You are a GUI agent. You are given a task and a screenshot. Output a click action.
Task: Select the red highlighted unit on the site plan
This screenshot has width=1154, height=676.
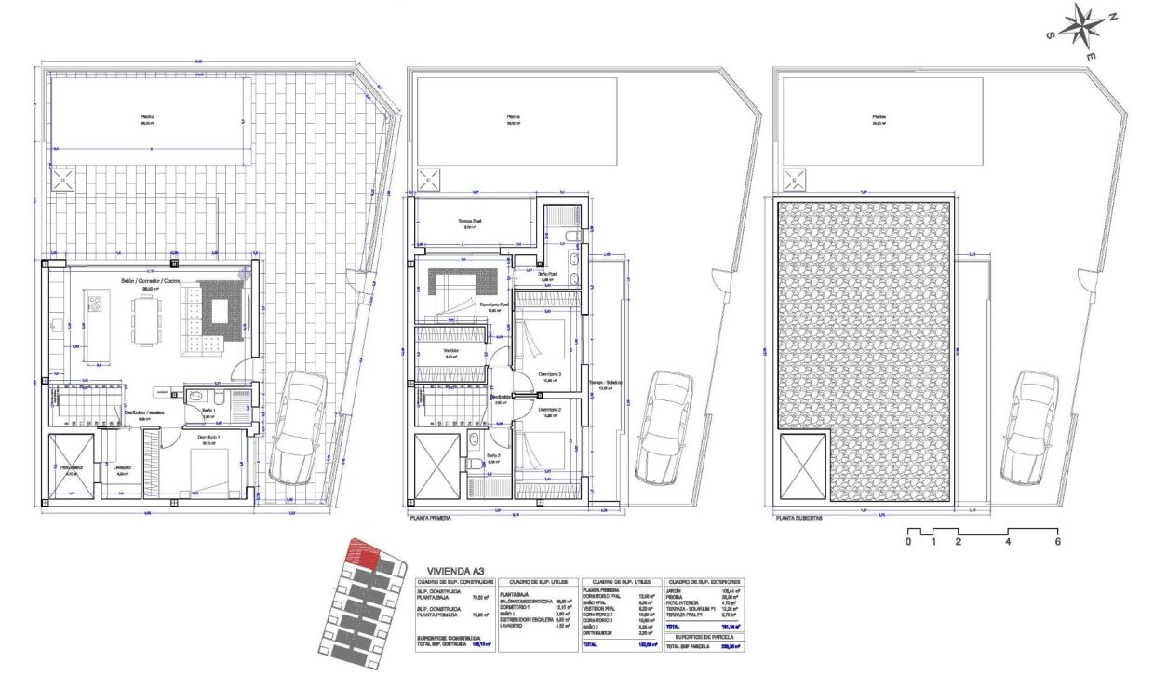point(363,557)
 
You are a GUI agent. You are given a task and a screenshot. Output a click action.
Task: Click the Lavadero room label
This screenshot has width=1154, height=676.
point(123,468)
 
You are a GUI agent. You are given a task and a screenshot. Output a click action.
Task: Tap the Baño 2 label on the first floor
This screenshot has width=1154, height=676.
point(494,455)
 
